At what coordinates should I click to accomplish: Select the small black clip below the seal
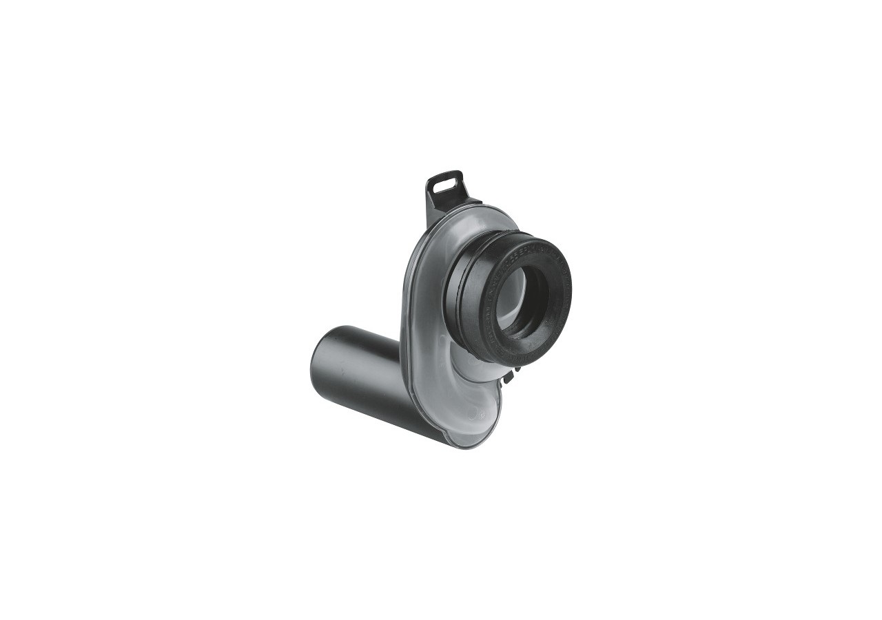(x=509, y=375)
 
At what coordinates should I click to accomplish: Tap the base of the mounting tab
(x=448, y=207)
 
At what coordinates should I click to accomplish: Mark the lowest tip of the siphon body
(x=475, y=446)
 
